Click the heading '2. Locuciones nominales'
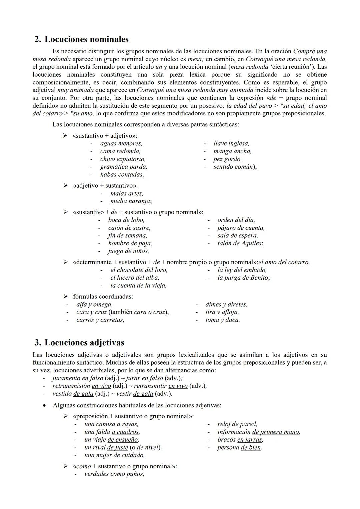(x=82, y=39)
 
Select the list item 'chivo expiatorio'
(x=123, y=159)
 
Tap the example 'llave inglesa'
(x=231, y=143)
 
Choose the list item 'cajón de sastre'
(x=129, y=228)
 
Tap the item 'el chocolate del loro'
(x=139, y=270)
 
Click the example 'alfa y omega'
(x=94, y=304)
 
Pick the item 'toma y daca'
(x=222, y=320)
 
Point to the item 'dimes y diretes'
(x=226, y=304)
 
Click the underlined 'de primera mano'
(x=276, y=432)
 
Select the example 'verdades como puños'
(x=114, y=474)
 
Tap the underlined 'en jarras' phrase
(x=250, y=440)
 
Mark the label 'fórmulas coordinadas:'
(x=103, y=296)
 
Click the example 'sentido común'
(x=234, y=167)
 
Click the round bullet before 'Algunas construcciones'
(x=44, y=405)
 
